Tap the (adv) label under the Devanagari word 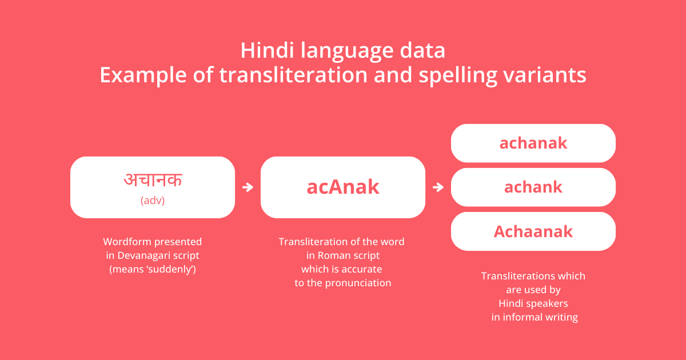coord(153,201)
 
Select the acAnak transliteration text coord(343,187)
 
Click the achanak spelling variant coord(533,143)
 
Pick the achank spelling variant coord(533,187)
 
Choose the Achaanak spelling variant coord(533,231)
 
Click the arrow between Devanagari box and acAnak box coord(248,187)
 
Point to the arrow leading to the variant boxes coord(438,187)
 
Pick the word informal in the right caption coord(523,317)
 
